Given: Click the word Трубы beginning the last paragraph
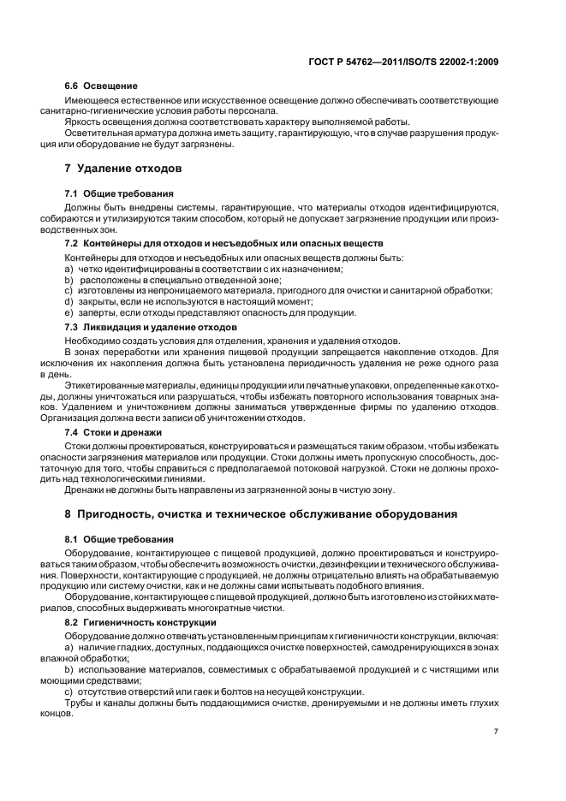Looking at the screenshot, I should coord(80,702).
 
